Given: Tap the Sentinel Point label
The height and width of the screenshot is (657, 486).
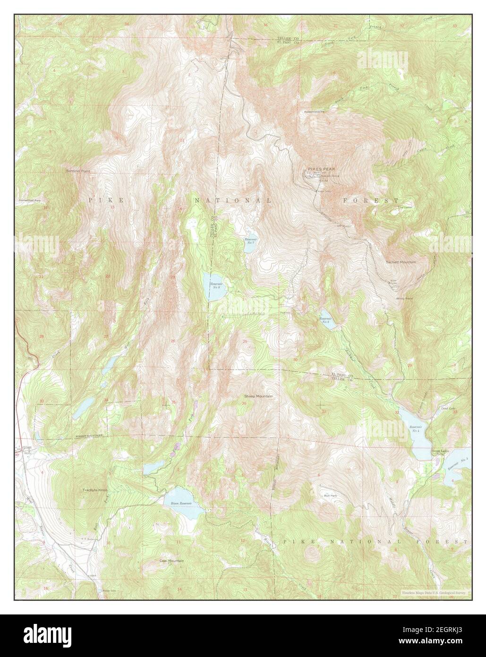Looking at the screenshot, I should [78, 171].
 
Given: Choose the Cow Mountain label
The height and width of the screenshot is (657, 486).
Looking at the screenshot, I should [171, 561].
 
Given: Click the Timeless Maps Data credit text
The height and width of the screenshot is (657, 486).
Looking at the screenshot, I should [434, 592].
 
